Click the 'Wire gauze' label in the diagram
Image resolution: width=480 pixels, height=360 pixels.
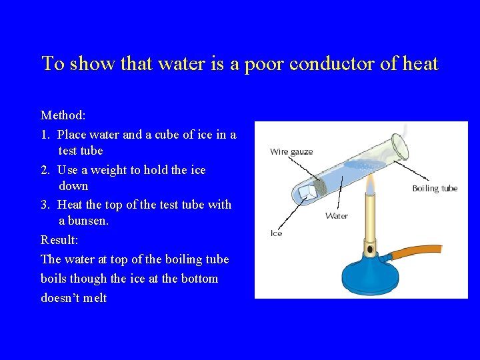pyautogui.click(x=291, y=152)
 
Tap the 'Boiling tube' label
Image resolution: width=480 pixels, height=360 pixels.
pyautogui.click(x=435, y=189)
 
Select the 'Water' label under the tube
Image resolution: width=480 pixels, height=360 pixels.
pyautogui.click(x=337, y=215)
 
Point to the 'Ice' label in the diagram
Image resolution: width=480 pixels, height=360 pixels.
pyautogui.click(x=276, y=233)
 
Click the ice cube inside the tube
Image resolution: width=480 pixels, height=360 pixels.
pyautogui.click(x=308, y=192)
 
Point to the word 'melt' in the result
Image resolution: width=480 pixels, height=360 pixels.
pyautogui.click(x=92, y=298)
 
